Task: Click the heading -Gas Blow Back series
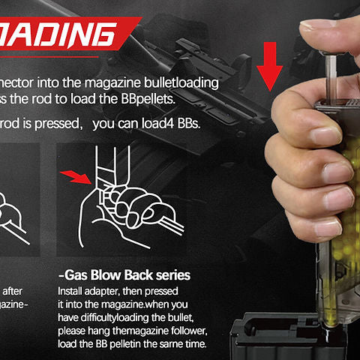point(124,274)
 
